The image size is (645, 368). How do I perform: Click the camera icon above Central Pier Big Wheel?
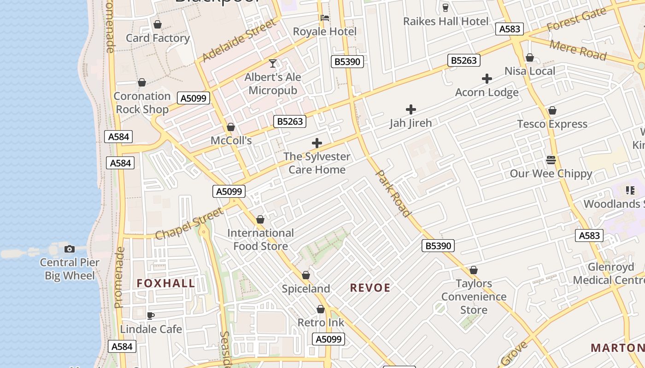(70, 249)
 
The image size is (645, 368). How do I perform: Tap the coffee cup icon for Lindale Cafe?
(150, 316)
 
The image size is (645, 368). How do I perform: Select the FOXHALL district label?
(166, 283)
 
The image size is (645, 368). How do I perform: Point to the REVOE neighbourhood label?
(370, 288)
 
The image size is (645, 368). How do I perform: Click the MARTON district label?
(617, 348)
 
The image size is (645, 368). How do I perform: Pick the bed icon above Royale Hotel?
(325, 18)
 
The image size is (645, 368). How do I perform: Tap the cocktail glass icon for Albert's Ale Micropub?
(273, 63)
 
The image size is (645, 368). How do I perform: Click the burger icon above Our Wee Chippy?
(551, 160)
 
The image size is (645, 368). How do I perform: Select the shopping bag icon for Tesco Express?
(552, 110)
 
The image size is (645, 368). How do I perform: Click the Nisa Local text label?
(530, 71)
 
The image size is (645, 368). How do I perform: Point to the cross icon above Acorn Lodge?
(487, 79)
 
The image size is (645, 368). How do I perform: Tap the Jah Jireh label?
(410, 123)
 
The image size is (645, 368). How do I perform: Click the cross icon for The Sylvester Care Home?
(317, 143)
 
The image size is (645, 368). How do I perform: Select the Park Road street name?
(393, 193)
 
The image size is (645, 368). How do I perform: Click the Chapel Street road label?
(189, 224)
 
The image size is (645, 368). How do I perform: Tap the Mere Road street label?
(578, 50)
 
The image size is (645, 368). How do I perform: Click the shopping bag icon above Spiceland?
(305, 275)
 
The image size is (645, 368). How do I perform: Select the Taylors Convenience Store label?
(474, 297)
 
